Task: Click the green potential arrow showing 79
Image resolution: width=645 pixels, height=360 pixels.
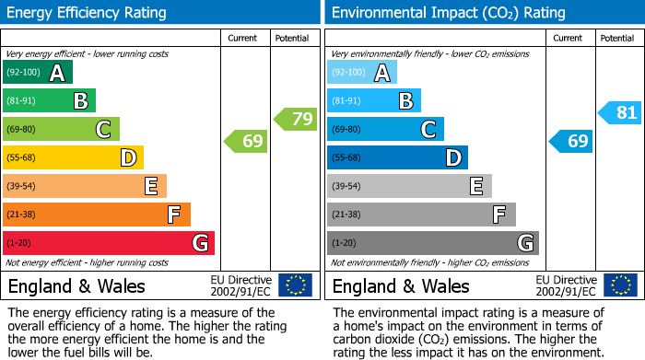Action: tap(295, 119)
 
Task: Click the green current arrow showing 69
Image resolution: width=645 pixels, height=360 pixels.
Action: tap(246, 142)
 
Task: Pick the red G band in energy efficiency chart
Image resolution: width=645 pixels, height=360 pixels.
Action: tap(109, 243)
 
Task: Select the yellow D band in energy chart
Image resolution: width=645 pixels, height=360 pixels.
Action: tap(73, 158)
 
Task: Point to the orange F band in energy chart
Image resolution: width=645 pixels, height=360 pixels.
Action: tap(97, 215)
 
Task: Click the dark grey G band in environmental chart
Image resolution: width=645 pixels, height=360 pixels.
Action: tap(432, 243)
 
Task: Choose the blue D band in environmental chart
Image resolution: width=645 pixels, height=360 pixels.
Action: tap(397, 158)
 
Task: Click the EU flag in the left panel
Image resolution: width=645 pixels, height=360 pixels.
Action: tap(295, 285)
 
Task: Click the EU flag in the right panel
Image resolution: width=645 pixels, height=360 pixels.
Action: tap(619, 285)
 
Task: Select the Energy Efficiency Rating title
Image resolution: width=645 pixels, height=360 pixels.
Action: tap(88, 13)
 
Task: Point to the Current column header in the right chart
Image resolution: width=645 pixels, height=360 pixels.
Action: tap(569, 39)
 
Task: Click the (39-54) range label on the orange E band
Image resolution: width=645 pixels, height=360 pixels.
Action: tap(21, 187)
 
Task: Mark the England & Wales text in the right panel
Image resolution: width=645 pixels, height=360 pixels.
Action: tap(401, 286)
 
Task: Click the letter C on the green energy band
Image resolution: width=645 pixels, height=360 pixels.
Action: tap(104, 130)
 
